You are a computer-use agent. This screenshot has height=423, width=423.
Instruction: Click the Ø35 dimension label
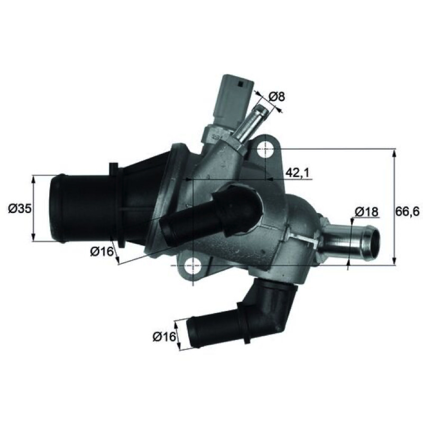20,208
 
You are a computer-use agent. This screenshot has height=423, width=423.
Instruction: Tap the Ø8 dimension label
277,96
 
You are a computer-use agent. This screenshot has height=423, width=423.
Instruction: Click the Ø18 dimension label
366,212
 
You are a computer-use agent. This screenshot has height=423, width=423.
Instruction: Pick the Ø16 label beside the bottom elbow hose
164,336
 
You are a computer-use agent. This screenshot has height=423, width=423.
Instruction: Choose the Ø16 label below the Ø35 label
102,252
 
